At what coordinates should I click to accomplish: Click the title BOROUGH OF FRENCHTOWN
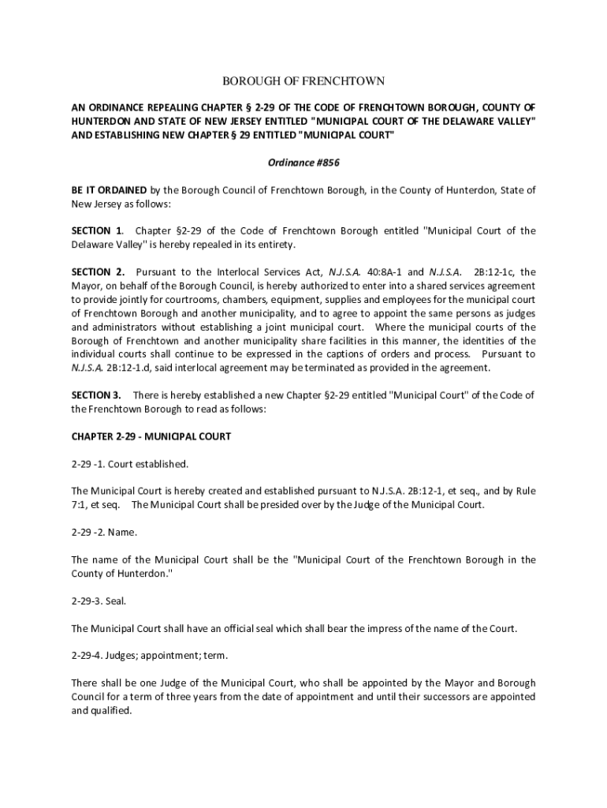tap(303, 81)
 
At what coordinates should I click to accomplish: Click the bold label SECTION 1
tap(96, 231)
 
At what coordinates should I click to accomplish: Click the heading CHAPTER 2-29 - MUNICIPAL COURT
tap(151, 436)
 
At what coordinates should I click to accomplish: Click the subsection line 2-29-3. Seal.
tap(99, 601)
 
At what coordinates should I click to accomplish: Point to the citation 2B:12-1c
tap(495, 272)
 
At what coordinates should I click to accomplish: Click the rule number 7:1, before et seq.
tap(80, 505)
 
